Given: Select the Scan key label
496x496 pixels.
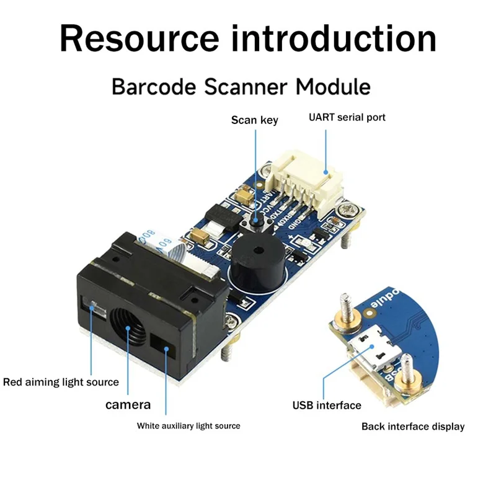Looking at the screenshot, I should coord(254,120).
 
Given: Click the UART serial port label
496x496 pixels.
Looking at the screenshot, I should coord(347,117).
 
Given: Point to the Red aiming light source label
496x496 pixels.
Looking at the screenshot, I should coord(61,382).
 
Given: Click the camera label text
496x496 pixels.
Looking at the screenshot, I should coord(128,405).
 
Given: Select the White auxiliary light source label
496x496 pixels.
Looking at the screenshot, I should coord(188,426).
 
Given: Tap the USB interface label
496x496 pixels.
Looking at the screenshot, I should coord(327,405).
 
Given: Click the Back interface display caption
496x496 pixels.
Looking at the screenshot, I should coord(413,427).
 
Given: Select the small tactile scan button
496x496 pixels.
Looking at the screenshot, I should coord(255,220).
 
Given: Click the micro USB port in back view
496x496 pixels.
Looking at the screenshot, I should coord(370,352).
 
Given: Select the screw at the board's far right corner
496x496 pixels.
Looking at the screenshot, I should coord(352,208).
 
